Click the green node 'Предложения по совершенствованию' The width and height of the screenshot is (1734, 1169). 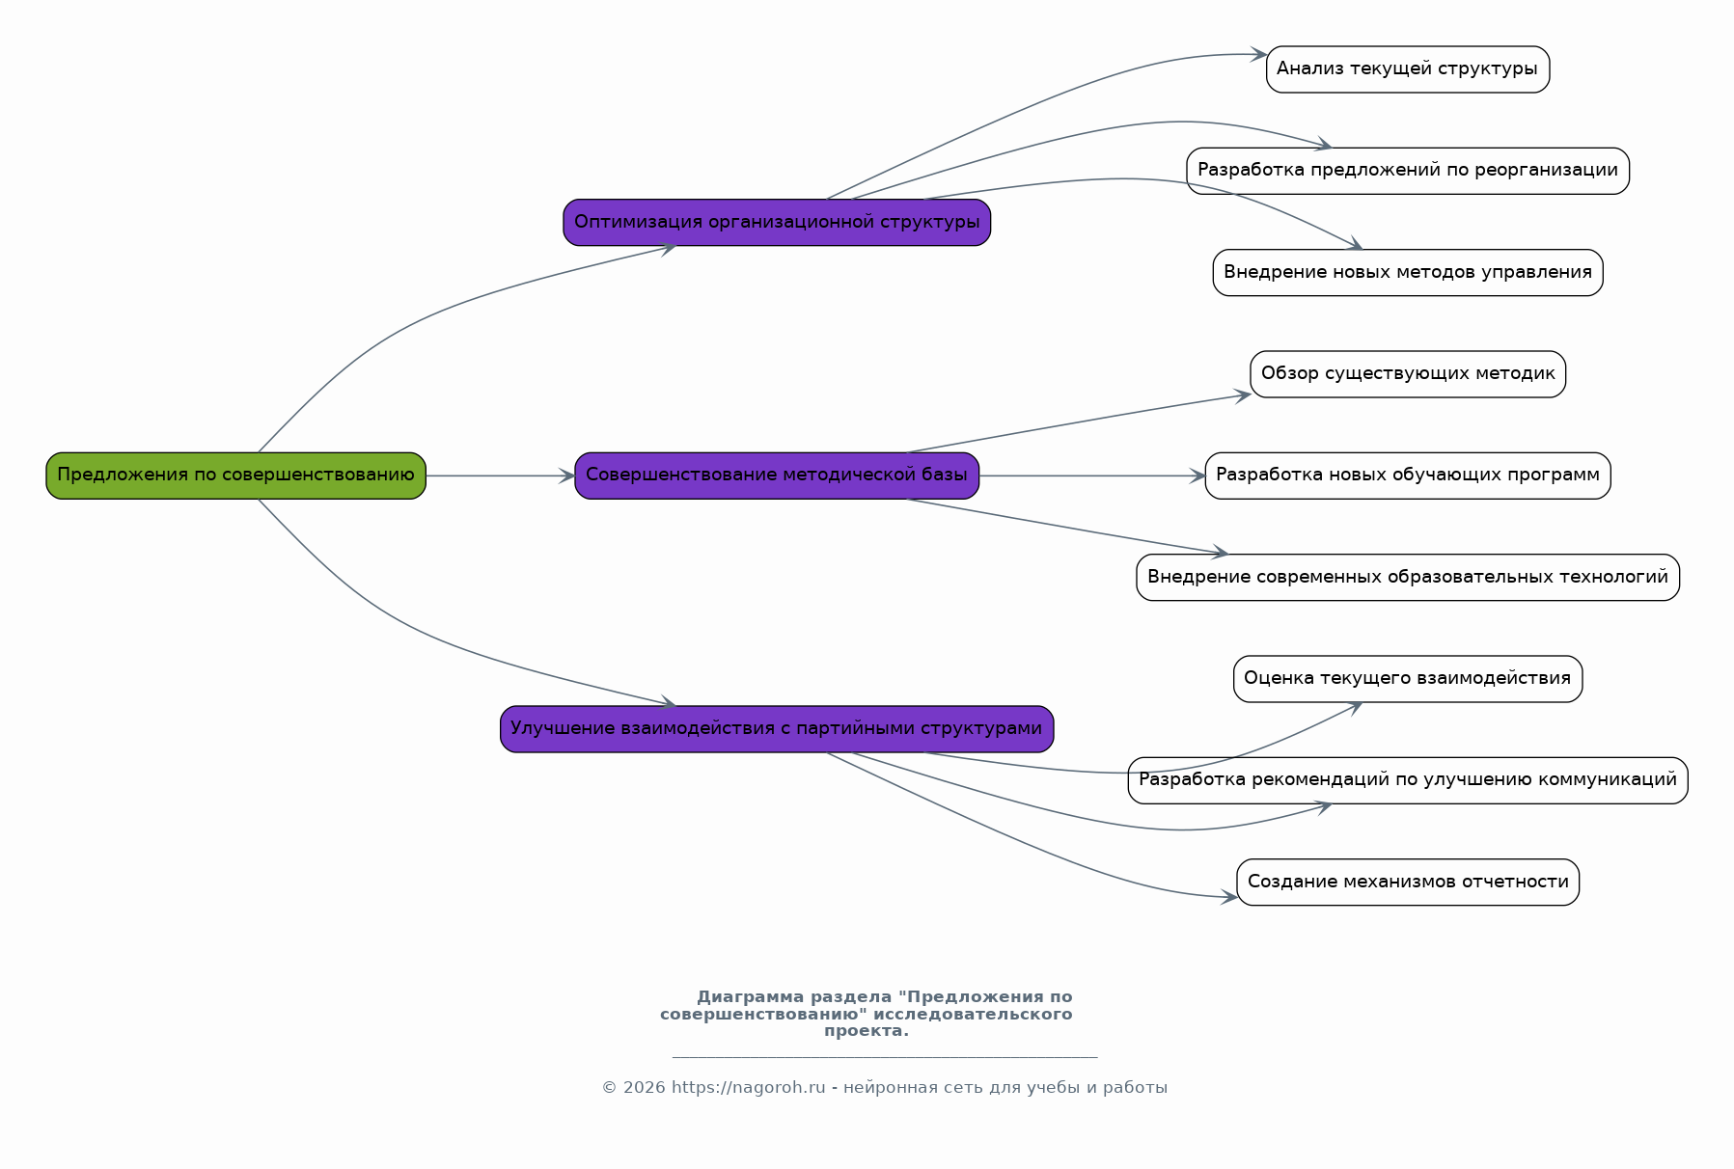pyautogui.click(x=235, y=476)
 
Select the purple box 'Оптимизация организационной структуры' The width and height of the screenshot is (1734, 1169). pyautogui.click(x=777, y=222)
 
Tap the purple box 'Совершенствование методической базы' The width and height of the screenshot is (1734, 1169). pyautogui.click(x=777, y=476)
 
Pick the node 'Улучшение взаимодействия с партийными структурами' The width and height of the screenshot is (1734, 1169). pyautogui.click(x=777, y=729)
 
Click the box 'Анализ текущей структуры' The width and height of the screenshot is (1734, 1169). pyautogui.click(x=1408, y=69)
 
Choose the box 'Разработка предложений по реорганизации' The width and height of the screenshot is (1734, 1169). pyautogui.click(x=1408, y=171)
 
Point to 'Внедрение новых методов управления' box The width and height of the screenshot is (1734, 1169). pyautogui.click(x=1408, y=272)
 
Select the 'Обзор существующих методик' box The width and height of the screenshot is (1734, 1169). pyautogui.click(x=1408, y=374)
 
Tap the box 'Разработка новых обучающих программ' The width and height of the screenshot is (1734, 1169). pyautogui.click(x=1408, y=476)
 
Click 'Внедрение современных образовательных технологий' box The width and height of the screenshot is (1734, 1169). pyautogui.click(x=1408, y=577)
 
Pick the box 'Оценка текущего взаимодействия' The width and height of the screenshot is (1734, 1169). pyautogui.click(x=1408, y=679)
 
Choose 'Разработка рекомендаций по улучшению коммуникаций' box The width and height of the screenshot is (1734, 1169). pyautogui.click(x=1408, y=780)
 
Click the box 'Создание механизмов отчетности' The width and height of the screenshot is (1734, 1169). pyautogui.click(x=1408, y=882)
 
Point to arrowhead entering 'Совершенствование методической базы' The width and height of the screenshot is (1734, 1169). pyautogui.click(x=567, y=476)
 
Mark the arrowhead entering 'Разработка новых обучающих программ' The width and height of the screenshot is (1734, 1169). pyautogui.click(x=1197, y=476)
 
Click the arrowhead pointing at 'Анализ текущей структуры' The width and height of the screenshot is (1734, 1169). pyautogui.click(x=1258, y=55)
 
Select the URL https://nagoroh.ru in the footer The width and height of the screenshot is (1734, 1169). pyautogui.click(x=748, y=1088)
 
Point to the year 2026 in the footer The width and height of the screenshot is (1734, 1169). pyautogui.click(x=644, y=1088)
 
